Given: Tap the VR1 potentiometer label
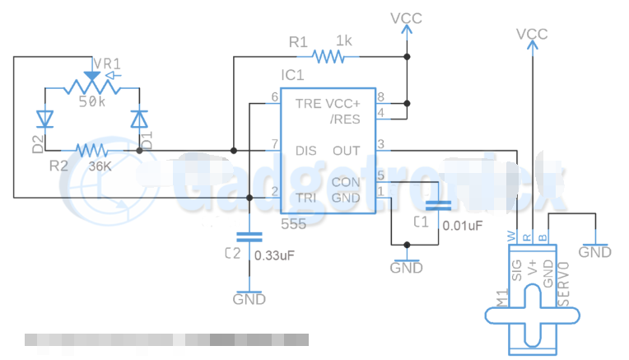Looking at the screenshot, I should (109, 64).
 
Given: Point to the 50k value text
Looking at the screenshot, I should (92, 101).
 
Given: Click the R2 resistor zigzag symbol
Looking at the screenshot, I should (91, 151).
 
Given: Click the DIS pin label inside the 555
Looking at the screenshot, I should (306, 151).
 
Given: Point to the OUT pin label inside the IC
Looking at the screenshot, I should (346, 151).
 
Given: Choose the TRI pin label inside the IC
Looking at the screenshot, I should (305, 198).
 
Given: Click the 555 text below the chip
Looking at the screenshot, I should (294, 223).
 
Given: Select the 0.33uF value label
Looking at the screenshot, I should (274, 255).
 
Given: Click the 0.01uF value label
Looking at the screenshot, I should (463, 223).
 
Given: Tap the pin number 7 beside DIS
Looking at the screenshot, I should (275, 145).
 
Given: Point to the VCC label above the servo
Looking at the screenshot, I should (532, 34).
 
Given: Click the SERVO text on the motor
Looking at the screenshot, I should (564, 284).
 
